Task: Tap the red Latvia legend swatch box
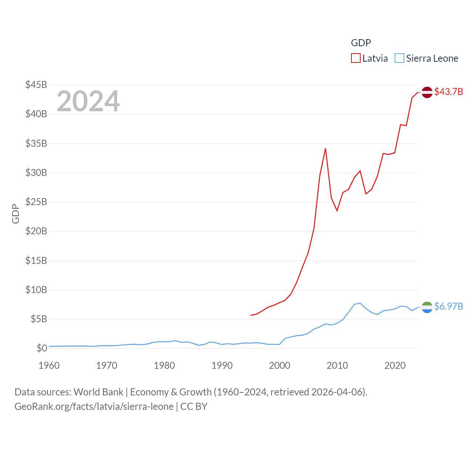click(x=356, y=58)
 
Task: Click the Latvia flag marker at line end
click(x=427, y=92)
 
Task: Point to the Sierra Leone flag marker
click(x=427, y=307)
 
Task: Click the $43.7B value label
click(x=449, y=92)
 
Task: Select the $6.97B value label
click(x=449, y=306)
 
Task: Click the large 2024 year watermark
click(x=88, y=101)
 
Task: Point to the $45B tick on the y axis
click(x=36, y=85)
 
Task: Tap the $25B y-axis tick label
click(x=36, y=202)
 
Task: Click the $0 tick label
click(x=42, y=348)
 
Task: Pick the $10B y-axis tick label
click(x=36, y=290)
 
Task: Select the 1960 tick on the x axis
click(x=49, y=365)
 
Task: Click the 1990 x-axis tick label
click(x=222, y=365)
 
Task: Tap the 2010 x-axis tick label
click(x=337, y=365)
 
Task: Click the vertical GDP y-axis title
click(x=16, y=214)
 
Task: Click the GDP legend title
click(x=361, y=43)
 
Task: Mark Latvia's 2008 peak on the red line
click(x=326, y=149)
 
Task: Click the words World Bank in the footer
click(x=99, y=392)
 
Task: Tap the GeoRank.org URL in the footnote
click(x=94, y=406)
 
